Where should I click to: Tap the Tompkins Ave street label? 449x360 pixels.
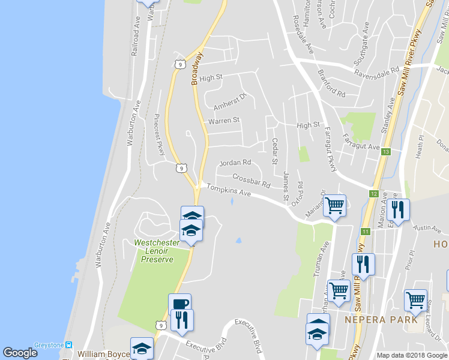point(229,191)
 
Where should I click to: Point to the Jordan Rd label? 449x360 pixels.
point(235,163)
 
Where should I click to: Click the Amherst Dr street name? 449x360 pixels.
point(230,101)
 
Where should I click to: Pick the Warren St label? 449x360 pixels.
point(223,121)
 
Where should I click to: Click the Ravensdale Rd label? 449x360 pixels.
point(376,70)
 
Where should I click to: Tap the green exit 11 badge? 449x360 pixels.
point(366,231)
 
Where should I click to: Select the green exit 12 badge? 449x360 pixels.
point(373,194)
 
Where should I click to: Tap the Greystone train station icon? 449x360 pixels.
point(70,345)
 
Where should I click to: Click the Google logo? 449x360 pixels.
point(20,353)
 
